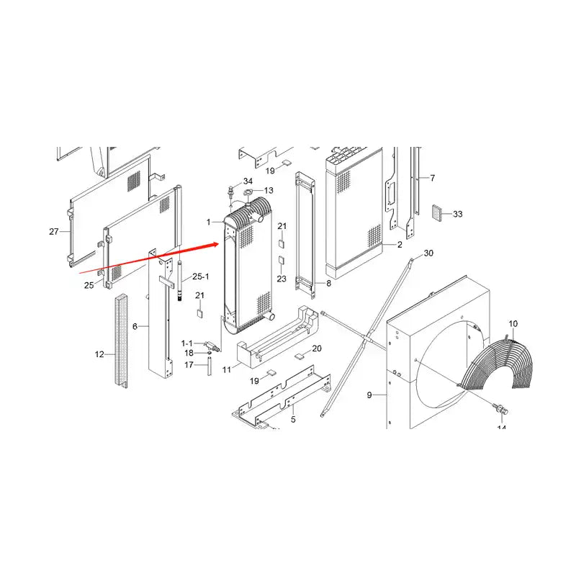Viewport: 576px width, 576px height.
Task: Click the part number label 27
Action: (x=53, y=231)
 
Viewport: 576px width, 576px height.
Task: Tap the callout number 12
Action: (x=99, y=354)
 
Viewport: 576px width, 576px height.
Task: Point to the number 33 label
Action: (x=458, y=214)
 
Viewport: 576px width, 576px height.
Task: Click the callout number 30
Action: (x=428, y=253)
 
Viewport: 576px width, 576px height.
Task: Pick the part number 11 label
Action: (x=226, y=369)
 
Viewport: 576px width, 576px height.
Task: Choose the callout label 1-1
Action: (x=187, y=343)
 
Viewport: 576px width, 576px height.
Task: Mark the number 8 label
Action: (x=329, y=284)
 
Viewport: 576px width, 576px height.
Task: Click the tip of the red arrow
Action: (x=218, y=244)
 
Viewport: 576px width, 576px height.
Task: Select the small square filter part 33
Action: (x=438, y=212)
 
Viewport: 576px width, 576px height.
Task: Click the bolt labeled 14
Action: (x=499, y=409)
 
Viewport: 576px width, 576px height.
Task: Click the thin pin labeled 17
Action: (x=209, y=368)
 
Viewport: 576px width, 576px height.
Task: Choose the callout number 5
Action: (x=293, y=418)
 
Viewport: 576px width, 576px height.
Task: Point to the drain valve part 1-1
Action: (x=210, y=347)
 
